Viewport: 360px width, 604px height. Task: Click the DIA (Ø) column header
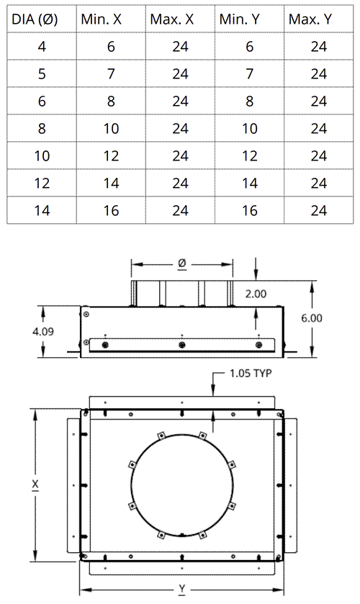tap(42, 19)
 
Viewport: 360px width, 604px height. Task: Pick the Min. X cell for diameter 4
tap(110, 47)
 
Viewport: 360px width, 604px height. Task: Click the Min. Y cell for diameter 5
tap(250, 74)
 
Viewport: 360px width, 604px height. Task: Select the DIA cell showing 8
tap(42, 129)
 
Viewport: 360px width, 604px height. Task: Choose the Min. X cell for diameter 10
tap(110, 156)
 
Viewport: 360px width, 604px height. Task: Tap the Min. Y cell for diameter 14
tap(250, 210)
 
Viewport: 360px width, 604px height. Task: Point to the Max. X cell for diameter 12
tap(180, 183)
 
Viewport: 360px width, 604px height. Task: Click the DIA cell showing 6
tap(42, 102)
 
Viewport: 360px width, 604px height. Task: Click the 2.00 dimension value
tap(256, 294)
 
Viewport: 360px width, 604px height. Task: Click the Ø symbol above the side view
tap(182, 264)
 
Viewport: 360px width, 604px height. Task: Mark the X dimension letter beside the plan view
tap(35, 486)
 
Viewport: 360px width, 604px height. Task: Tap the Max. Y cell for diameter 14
tap(319, 210)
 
